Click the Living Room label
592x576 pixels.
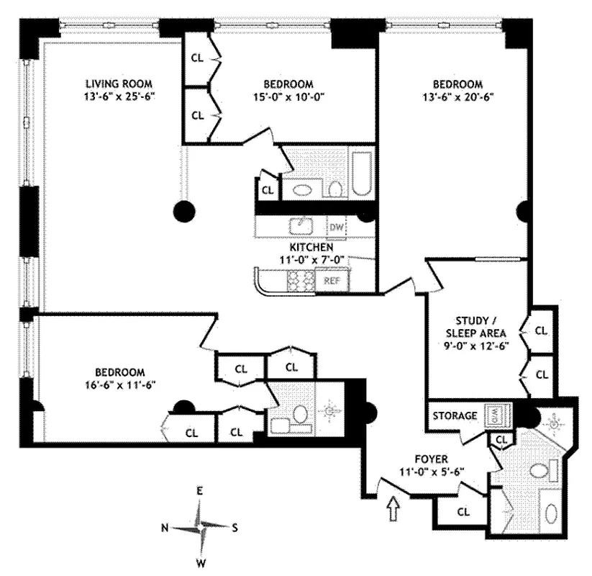[119, 82]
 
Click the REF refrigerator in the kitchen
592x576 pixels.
[332, 281]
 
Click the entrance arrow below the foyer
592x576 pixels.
[393, 510]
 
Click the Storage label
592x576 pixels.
[455, 415]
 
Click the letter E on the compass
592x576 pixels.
[201, 491]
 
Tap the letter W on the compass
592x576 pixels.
[202, 562]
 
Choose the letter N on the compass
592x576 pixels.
[165, 528]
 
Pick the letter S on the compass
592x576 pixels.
[234, 527]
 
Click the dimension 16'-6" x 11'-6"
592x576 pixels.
[120, 384]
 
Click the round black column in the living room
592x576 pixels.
[185, 211]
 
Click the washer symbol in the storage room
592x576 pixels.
[496, 415]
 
